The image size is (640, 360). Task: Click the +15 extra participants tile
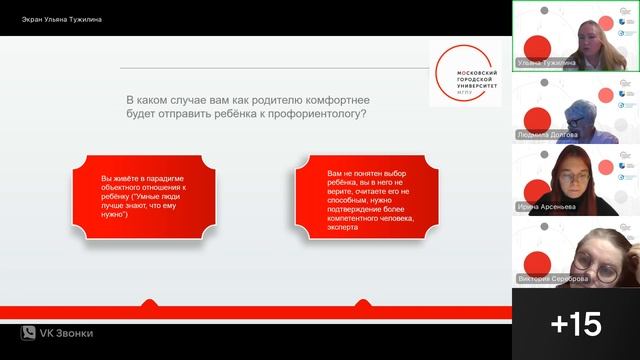(576, 324)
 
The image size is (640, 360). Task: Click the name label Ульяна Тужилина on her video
(547, 62)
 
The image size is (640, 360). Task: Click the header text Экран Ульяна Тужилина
(62, 19)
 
